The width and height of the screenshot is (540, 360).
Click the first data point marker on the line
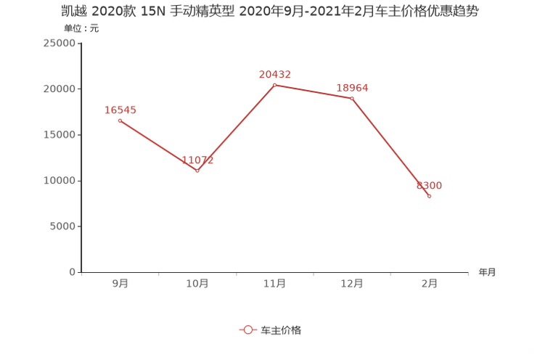pos(119,120)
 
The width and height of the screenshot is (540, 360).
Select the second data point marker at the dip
pos(197,170)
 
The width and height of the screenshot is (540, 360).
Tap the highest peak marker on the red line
pos(274,84)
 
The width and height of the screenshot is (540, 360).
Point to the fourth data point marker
pos(352,98)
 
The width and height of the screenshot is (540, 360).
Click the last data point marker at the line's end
pos(430,196)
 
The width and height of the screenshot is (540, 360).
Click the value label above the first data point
pos(120,110)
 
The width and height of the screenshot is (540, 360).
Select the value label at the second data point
pos(197,159)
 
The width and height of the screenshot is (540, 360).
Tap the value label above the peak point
pos(274,73)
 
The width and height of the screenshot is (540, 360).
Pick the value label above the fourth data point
pos(353,87)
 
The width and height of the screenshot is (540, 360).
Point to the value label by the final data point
pos(429,186)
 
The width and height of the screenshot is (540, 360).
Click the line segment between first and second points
pos(157,144)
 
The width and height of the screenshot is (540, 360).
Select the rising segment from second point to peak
pos(235,127)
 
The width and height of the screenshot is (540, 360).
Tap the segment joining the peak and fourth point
pos(313,91)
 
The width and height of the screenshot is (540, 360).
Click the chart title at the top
pos(269,11)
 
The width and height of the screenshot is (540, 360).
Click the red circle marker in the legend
pos(247,330)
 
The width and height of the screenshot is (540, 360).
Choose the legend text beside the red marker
pos(281,330)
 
